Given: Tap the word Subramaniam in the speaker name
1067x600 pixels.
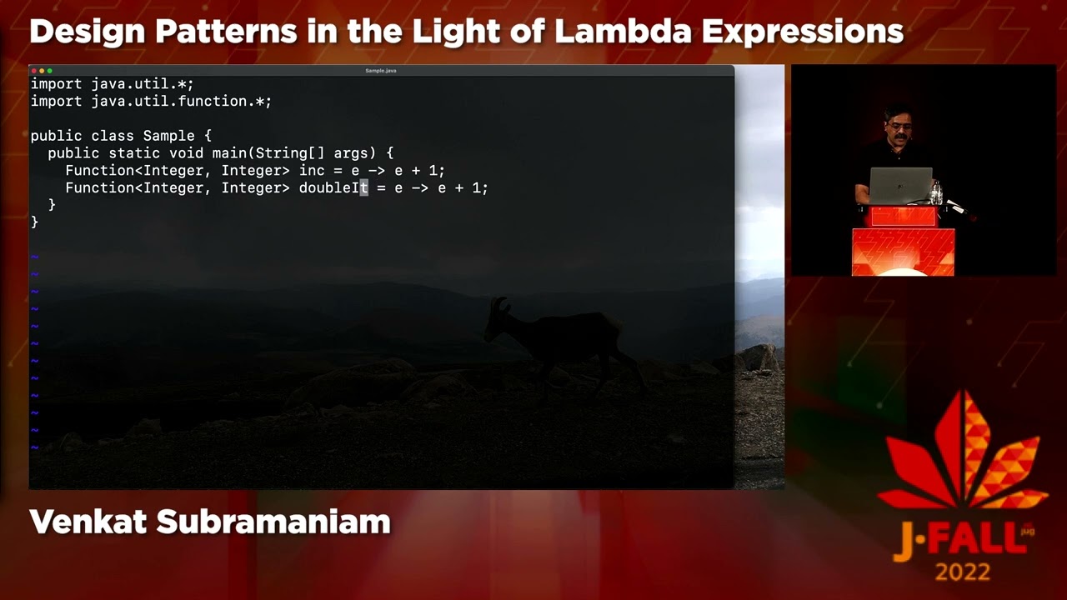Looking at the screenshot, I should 273,522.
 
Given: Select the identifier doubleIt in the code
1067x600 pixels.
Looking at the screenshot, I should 333,187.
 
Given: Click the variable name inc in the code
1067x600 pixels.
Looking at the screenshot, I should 312,170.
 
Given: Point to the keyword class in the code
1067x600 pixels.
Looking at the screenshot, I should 113,136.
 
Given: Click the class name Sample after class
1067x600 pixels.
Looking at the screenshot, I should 168,136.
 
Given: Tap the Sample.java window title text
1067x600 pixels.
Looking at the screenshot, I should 381,71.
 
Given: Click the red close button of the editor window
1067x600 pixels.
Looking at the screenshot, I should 35,71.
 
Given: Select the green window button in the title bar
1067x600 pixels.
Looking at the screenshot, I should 50,71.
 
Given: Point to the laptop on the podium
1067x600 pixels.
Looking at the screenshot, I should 900,184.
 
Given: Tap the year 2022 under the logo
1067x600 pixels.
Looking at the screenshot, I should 963,572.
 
